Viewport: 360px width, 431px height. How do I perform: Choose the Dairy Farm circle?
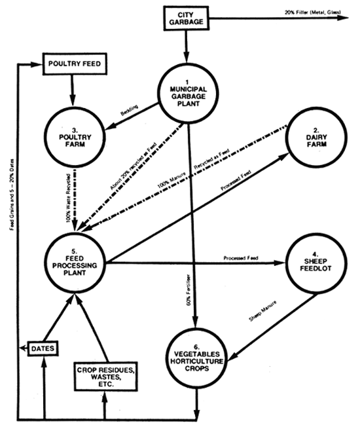(312, 135)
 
